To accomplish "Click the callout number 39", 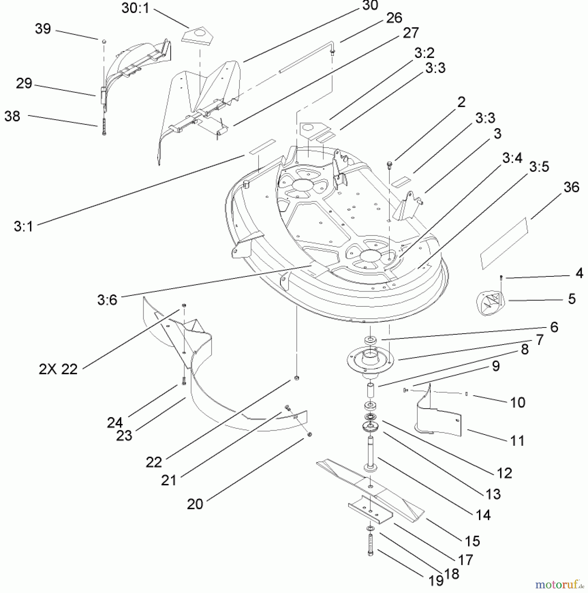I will coord(43,29).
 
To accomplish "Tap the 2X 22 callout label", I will coord(58,369).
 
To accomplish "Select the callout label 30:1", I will coord(135,8).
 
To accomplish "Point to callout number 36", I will coord(571,187).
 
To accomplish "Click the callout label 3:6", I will coord(107,300).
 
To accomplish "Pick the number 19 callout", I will coord(435,581).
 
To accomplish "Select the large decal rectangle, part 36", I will coord(504,243).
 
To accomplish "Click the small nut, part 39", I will coord(104,42).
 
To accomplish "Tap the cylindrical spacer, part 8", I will coord(370,392).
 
